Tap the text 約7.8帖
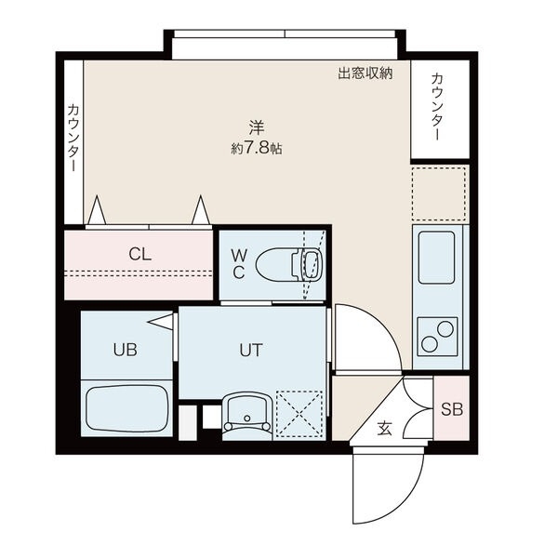coord(257,149)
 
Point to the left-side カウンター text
coord(72,138)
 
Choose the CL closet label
coord(139,253)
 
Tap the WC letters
coord(239,264)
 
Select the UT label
coord(251,351)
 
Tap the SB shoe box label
coord(451,409)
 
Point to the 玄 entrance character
coord(384,429)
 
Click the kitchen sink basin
coord(437,257)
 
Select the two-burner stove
coord(437,336)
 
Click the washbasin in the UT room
coord(246,412)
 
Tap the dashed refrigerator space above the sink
coord(439,193)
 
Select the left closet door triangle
coord(97,212)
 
